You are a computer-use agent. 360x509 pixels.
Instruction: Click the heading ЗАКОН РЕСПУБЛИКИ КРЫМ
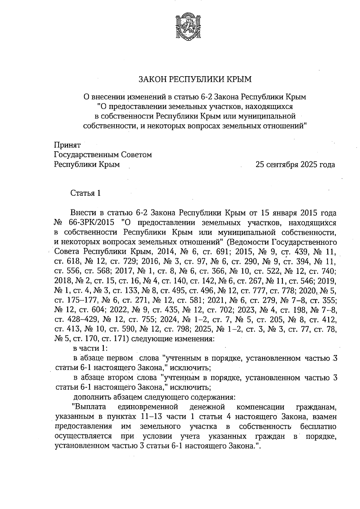(x=195, y=79)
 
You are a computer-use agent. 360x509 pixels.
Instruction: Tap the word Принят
(x=67, y=145)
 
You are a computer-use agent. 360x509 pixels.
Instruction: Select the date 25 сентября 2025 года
(x=295, y=165)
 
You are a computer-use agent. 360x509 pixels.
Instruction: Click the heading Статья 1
(x=85, y=193)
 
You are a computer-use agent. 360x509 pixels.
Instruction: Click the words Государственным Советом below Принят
(x=103, y=155)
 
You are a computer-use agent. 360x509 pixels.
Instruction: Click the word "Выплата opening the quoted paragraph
(x=89, y=407)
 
